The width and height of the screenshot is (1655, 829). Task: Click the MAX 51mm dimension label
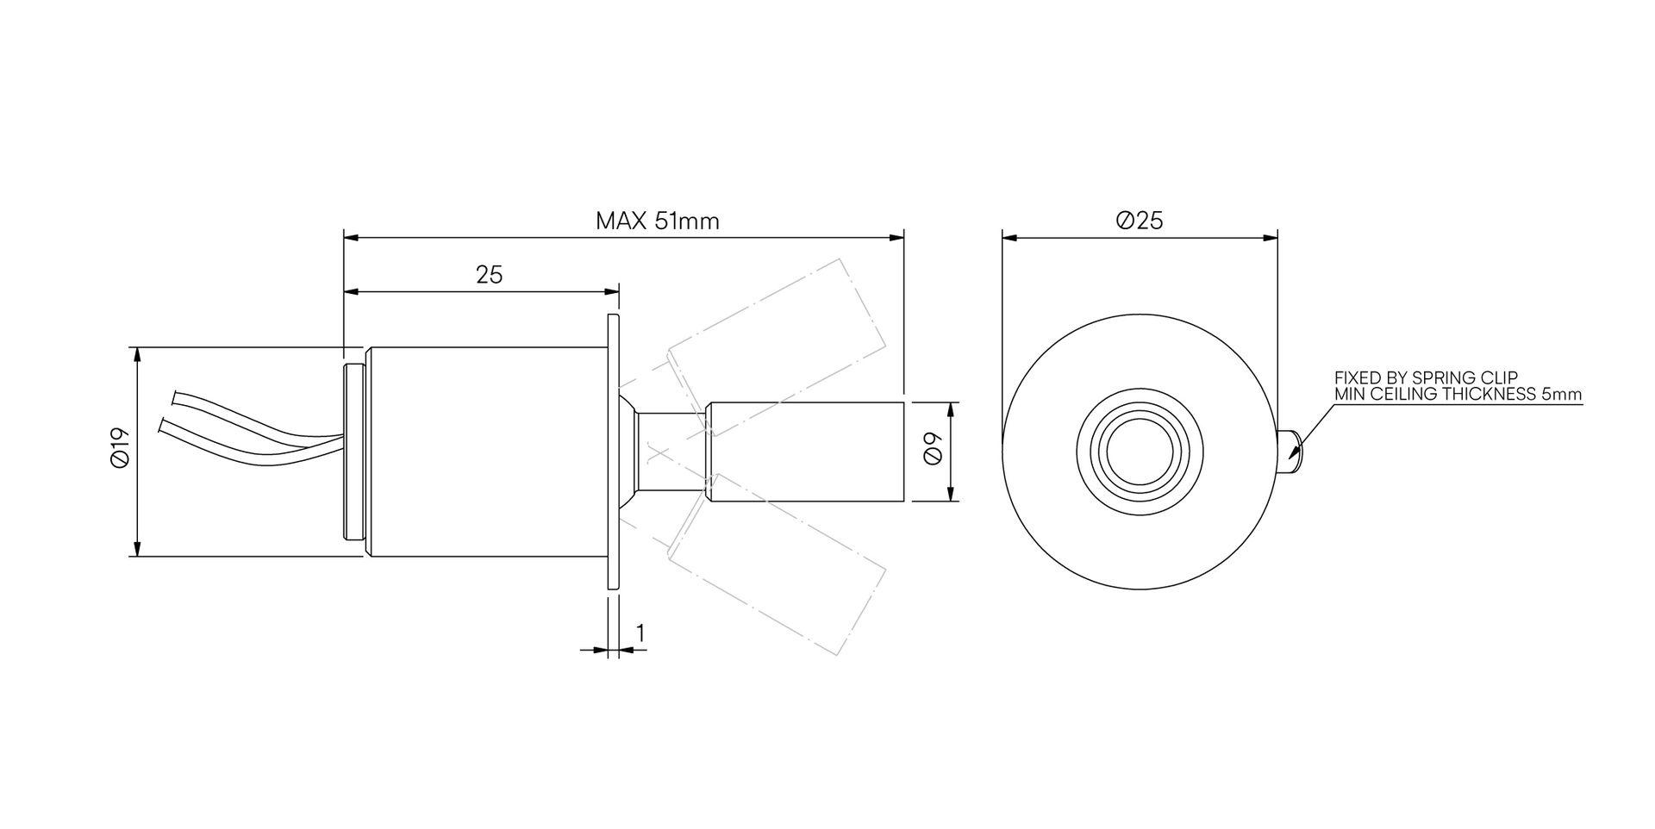point(657,221)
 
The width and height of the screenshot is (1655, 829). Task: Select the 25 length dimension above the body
point(489,275)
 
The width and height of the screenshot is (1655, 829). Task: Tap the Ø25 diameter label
point(1139,221)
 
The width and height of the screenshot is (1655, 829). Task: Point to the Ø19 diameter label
point(120,448)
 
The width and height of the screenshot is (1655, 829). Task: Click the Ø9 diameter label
point(933,450)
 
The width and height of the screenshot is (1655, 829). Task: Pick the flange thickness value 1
point(640,633)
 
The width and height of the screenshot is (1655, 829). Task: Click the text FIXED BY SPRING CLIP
point(1426,377)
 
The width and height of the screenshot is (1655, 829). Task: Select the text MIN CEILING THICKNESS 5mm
point(1458,395)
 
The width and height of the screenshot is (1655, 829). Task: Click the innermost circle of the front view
point(1139,452)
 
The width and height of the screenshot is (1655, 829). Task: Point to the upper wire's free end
point(175,397)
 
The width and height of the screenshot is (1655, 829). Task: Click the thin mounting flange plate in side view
point(613,452)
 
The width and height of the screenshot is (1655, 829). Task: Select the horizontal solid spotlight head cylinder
point(806,452)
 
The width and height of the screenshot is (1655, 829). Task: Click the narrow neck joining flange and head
point(670,452)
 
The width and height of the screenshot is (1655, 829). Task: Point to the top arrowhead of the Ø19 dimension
point(136,353)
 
